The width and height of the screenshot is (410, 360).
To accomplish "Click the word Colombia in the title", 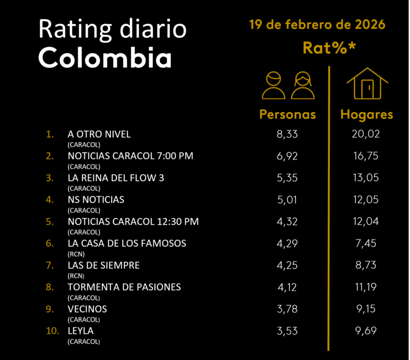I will (105, 58).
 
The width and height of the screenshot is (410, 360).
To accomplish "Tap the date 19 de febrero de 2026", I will (317, 25).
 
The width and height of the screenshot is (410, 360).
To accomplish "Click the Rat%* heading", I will (329, 47).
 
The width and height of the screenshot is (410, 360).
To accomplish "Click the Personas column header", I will (287, 115).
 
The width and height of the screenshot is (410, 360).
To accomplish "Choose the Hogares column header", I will (367, 115).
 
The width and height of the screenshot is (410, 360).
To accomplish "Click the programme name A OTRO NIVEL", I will (99, 134).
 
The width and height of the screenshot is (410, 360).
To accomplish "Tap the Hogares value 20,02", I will (366, 134).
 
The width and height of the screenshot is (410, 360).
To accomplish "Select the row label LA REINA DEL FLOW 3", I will (116, 178).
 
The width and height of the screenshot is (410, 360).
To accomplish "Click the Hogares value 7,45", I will (366, 243).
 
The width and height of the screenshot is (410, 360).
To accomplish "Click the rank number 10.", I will (52, 331).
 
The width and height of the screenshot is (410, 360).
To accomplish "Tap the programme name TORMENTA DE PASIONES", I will (124, 287).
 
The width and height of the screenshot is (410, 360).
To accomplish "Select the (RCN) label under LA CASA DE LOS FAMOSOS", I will (76, 254).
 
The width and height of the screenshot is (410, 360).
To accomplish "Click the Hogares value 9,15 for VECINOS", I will (366, 309).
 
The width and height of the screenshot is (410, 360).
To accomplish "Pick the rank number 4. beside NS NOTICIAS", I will (50, 199).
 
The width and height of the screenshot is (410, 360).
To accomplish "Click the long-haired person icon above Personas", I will (303, 86).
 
